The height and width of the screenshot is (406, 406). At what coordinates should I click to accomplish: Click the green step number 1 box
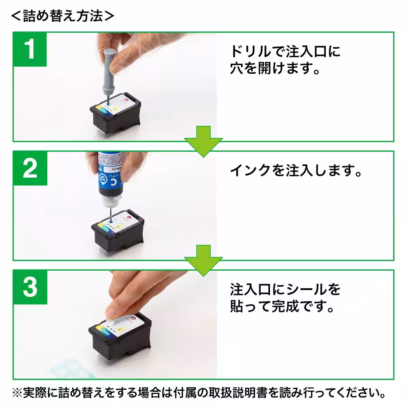(30, 49)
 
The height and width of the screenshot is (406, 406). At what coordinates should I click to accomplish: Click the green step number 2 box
(30, 168)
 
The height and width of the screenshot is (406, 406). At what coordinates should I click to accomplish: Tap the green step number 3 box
(30, 287)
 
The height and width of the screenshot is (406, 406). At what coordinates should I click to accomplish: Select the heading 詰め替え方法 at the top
(63, 16)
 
